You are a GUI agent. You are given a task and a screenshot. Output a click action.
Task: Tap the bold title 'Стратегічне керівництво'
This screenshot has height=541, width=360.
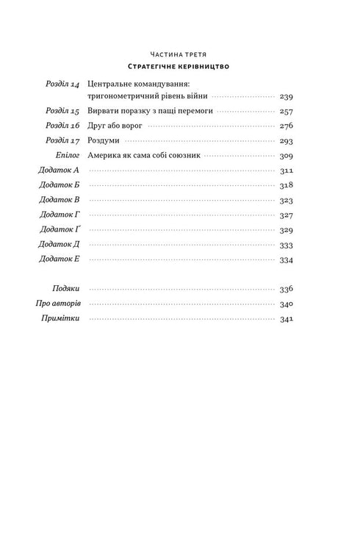click(179, 68)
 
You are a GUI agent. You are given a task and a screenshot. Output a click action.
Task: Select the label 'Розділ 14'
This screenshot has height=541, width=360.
click(62, 84)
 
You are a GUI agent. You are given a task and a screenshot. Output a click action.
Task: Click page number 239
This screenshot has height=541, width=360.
click(287, 96)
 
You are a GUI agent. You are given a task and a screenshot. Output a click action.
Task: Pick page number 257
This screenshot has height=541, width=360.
click(287, 111)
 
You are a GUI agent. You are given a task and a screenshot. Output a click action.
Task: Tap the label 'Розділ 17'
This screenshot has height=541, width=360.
click(62, 141)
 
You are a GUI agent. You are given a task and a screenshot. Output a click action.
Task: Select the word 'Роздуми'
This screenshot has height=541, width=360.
click(101, 141)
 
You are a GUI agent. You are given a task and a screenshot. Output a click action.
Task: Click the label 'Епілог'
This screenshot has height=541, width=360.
click(65, 156)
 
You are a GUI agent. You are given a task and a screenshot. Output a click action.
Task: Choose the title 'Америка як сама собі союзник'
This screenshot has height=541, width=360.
click(143, 156)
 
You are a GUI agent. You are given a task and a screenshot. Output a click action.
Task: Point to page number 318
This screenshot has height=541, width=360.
click(287, 185)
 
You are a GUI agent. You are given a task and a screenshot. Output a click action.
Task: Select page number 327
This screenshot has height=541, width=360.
click(287, 215)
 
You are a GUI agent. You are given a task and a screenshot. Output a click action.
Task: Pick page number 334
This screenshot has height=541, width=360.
click(287, 259)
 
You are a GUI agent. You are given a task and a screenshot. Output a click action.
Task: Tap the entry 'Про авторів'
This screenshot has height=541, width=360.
click(57, 304)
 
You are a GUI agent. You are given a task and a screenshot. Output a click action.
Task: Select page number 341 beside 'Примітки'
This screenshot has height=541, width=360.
click(287, 319)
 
